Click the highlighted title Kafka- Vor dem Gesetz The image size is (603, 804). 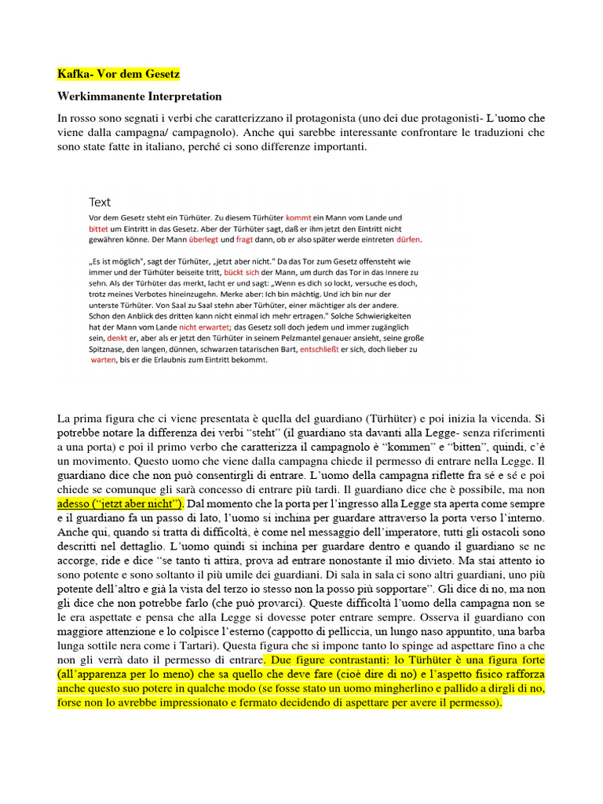pyautogui.click(x=119, y=75)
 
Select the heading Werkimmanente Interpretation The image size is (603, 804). pyautogui.click(x=140, y=97)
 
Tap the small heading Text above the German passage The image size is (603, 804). pyautogui.click(x=100, y=202)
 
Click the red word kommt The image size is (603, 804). pyautogui.click(x=298, y=217)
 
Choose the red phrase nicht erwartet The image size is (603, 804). pyautogui.click(x=204, y=328)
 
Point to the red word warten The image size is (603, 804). pyautogui.click(x=103, y=360)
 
